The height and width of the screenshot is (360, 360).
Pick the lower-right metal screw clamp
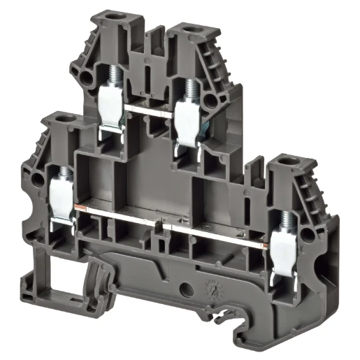coord(286,252)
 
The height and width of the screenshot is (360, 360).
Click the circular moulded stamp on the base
coord(210,282)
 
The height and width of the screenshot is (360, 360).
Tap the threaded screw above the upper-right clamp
coord(189,87)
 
